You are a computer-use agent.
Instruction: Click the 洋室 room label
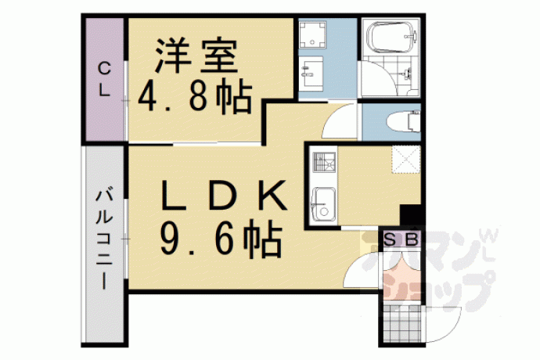point(196,56)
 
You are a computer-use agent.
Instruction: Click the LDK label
point(224,196)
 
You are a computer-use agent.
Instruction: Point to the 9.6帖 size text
point(221,239)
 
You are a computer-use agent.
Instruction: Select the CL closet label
point(104,79)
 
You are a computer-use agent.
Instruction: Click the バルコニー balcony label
point(104,238)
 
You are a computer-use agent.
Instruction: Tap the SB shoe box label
point(401,239)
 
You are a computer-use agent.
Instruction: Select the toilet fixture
point(404,122)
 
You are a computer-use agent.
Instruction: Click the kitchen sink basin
point(323,204)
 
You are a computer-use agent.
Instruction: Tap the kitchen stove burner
point(324,162)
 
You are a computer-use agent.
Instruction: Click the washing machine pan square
point(312,34)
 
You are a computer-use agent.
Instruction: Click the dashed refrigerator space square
point(406,160)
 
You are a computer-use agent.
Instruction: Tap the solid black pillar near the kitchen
point(411,215)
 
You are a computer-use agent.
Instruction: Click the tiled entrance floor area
point(401,323)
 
